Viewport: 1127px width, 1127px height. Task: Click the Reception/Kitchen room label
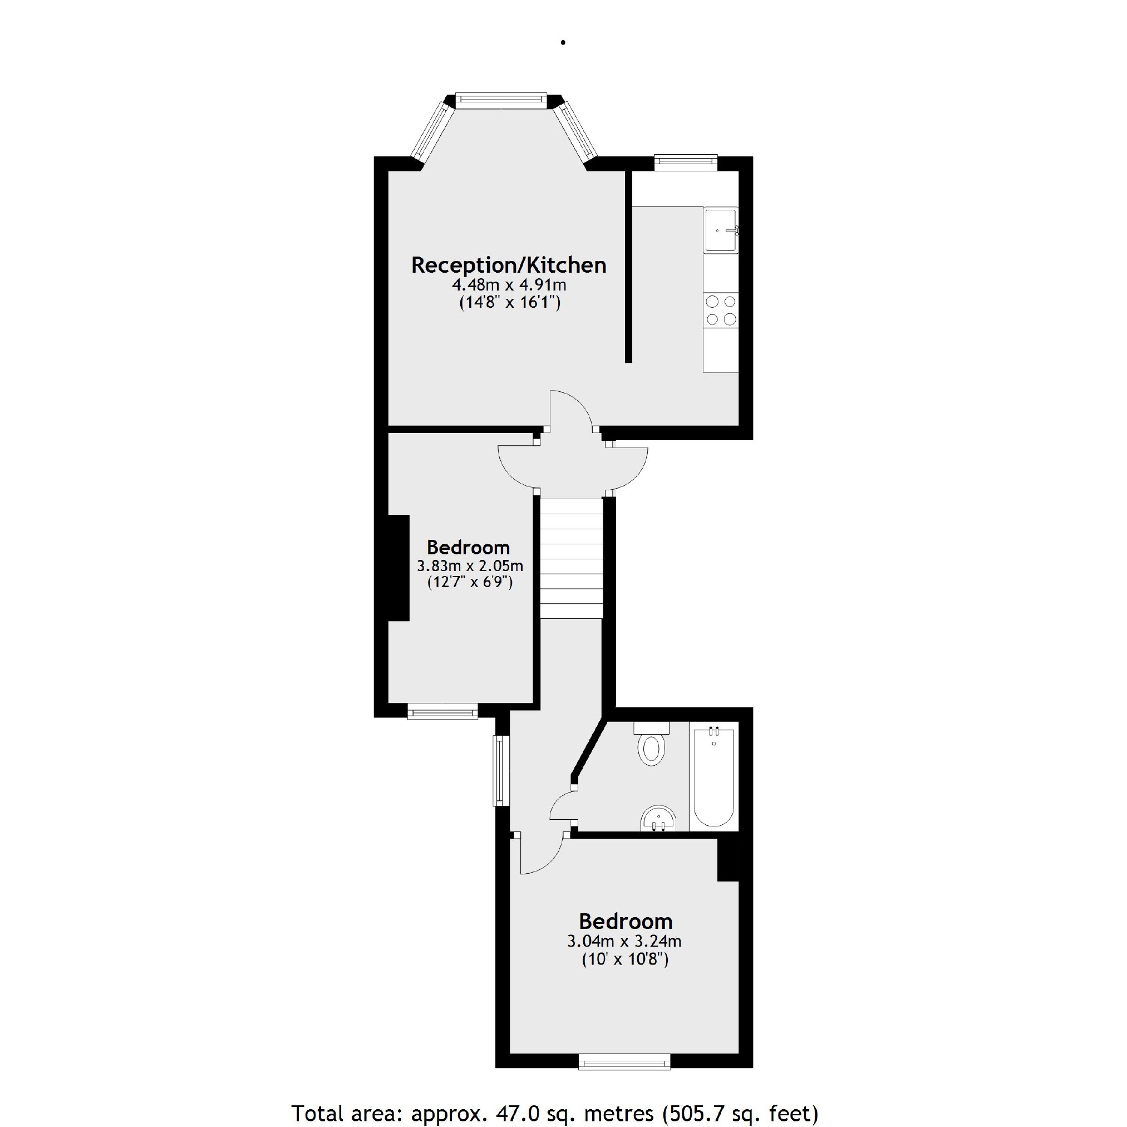pyautogui.click(x=509, y=265)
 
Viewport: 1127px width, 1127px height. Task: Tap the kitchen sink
pyautogui.click(x=721, y=230)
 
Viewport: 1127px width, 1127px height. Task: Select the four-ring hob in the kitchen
pyautogui.click(x=721, y=311)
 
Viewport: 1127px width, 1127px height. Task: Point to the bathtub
pyautogui.click(x=713, y=776)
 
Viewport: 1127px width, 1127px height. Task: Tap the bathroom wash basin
pyautogui.click(x=658, y=819)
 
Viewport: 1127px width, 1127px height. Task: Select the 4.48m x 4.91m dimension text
pyautogui.click(x=509, y=286)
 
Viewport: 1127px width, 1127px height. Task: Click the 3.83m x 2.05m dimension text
pyautogui.click(x=470, y=566)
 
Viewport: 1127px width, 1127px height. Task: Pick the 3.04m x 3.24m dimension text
pyautogui.click(x=624, y=941)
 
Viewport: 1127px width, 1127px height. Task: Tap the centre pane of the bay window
pyautogui.click(x=501, y=100)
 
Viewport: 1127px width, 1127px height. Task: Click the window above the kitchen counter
pyautogui.click(x=686, y=161)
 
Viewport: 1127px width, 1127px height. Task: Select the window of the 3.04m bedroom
pyautogui.click(x=624, y=1062)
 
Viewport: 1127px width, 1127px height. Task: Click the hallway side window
pyautogui.click(x=501, y=770)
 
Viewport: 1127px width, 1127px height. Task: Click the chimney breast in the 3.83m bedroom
pyautogui.click(x=399, y=568)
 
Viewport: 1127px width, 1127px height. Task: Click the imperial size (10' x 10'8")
pyautogui.click(x=625, y=959)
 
